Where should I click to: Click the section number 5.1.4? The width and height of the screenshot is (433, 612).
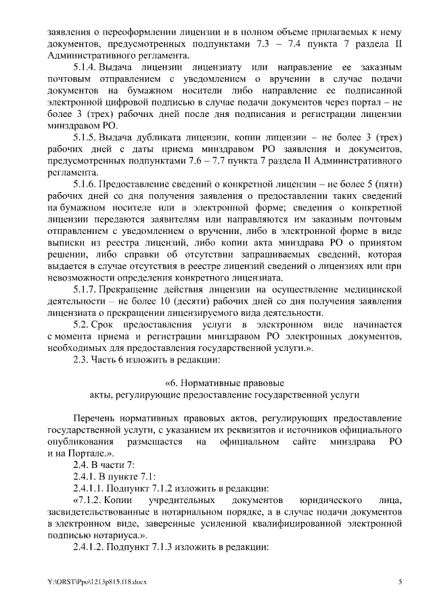[85, 68]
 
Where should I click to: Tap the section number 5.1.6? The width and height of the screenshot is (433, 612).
[85, 183]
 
